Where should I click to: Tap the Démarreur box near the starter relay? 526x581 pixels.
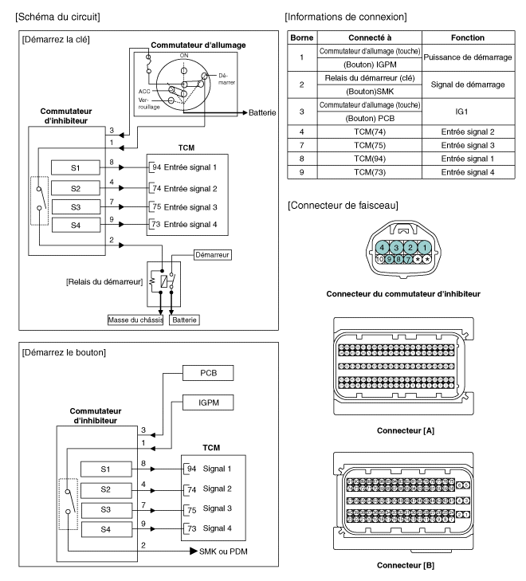point(211,257)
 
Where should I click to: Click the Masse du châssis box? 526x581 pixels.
point(136,320)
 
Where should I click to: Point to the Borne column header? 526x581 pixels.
point(301,37)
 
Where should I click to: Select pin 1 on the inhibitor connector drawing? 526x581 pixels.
point(426,247)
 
